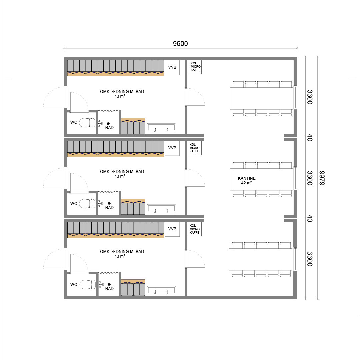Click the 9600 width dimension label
(x=180, y=43)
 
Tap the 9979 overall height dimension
(x=322, y=178)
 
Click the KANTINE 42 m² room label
(x=247, y=180)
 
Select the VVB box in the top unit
(x=172, y=67)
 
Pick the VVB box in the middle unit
(x=172, y=148)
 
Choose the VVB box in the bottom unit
(x=172, y=229)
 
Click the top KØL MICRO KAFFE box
(x=194, y=67)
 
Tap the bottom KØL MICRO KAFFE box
(x=194, y=229)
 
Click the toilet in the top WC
(x=87, y=123)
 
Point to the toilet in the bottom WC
(x=87, y=284)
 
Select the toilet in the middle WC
(x=87, y=204)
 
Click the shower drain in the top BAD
(x=108, y=123)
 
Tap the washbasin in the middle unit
(x=161, y=209)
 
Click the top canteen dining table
(x=262, y=98)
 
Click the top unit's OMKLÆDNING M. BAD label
(x=122, y=94)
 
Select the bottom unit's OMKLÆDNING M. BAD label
(x=122, y=254)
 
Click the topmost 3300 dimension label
(x=310, y=97)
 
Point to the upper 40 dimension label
(x=310, y=138)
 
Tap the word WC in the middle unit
(x=74, y=203)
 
